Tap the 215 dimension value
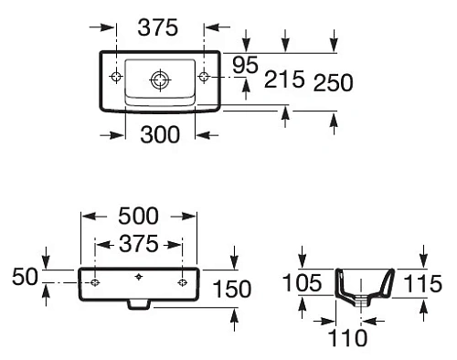click(x=284, y=81)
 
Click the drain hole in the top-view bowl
click(x=159, y=79)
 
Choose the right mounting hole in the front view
click(x=183, y=282)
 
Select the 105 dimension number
click(x=303, y=283)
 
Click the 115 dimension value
click(x=422, y=283)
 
